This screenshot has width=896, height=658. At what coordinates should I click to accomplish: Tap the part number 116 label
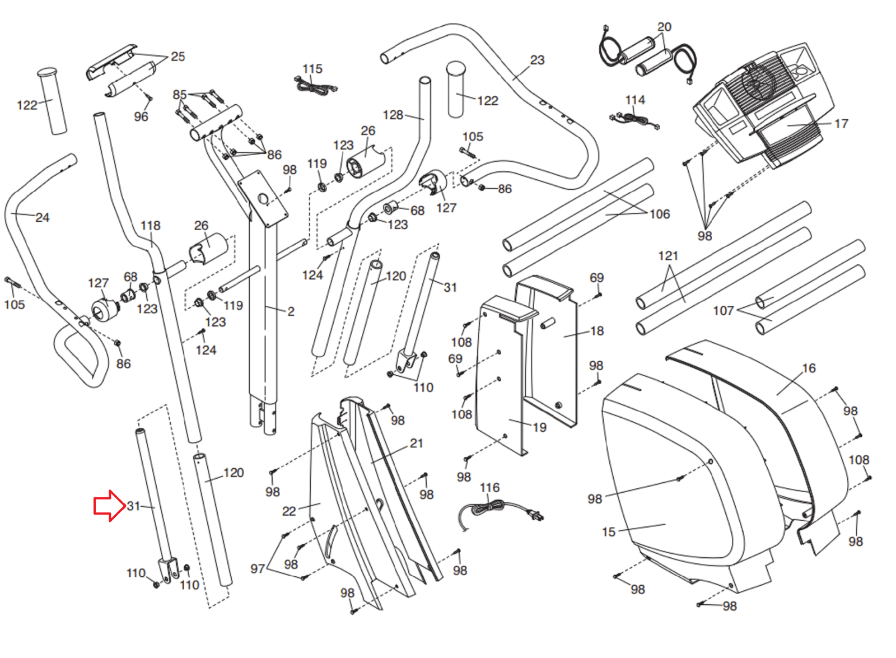pyautogui.click(x=489, y=488)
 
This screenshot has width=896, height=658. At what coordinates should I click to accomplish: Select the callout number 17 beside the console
pyautogui.click(x=841, y=124)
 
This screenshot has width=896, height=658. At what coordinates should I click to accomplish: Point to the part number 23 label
pyautogui.click(x=537, y=60)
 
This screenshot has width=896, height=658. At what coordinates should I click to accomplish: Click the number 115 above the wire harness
pyautogui.click(x=312, y=69)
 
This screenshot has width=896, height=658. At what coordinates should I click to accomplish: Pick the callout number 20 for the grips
pyautogui.click(x=664, y=27)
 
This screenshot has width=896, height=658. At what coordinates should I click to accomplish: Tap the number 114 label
pyautogui.click(x=635, y=100)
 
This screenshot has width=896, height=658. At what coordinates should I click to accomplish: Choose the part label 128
pyautogui.click(x=393, y=115)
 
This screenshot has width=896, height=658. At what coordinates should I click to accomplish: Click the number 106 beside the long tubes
pyautogui.click(x=660, y=214)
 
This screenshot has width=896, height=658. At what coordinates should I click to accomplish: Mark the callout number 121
pyautogui.click(x=668, y=256)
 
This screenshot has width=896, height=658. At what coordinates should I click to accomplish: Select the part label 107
pyautogui.click(x=723, y=311)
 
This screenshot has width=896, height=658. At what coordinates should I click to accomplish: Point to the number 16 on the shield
pyautogui.click(x=809, y=368)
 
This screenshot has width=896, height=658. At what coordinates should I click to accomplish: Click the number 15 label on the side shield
pyautogui.click(x=609, y=532)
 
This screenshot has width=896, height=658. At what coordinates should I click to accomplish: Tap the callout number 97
pyautogui.click(x=258, y=569)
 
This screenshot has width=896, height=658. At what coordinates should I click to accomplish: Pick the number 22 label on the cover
pyautogui.click(x=289, y=511)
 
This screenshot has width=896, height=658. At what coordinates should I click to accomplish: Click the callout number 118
pyautogui.click(x=150, y=226)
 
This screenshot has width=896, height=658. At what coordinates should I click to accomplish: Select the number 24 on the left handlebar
pyautogui.click(x=42, y=217)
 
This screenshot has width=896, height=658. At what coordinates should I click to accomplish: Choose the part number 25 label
pyautogui.click(x=178, y=57)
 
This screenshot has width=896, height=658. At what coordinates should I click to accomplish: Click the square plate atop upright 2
pyautogui.click(x=262, y=198)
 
